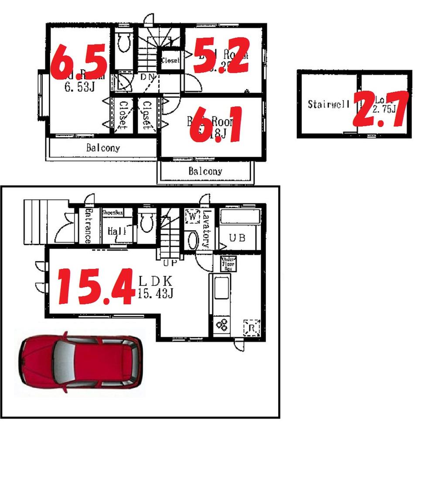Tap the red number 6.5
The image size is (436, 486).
pyautogui.click(x=78, y=61)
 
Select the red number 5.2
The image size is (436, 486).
pyautogui.click(x=221, y=55)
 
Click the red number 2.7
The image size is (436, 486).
pyautogui.click(x=381, y=109)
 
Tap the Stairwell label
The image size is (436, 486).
pyautogui.click(x=328, y=104)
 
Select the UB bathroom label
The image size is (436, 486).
pyautogui.click(x=238, y=238)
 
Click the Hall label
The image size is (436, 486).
pyautogui.click(x=117, y=231)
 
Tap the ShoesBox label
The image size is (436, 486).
pyautogui.click(x=112, y=213)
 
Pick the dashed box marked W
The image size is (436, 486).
pyautogui.click(x=192, y=216)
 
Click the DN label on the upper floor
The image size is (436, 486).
pyautogui.click(x=147, y=77)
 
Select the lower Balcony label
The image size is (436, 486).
pyautogui.click(x=205, y=171)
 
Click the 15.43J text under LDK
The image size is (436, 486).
pyautogui.click(x=156, y=294)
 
